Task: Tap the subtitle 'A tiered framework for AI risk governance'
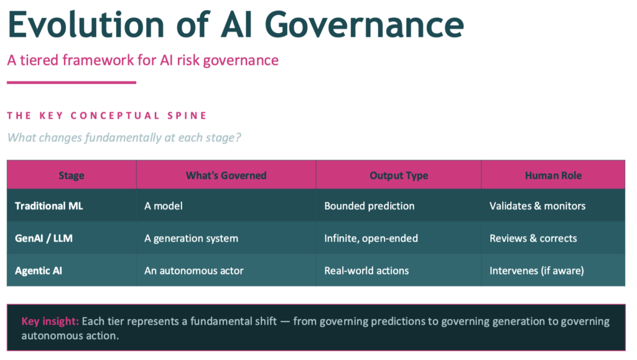coord(142,60)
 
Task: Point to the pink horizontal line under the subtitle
coord(71,82)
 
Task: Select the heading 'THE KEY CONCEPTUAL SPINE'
coord(107,116)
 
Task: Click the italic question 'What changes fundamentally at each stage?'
coord(124,137)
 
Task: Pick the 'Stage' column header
coord(71,175)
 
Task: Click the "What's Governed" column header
coord(226,175)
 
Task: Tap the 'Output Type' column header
coord(399,175)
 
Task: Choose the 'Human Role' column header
coord(553,175)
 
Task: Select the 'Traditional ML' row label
coord(50,206)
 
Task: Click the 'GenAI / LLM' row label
coord(44,238)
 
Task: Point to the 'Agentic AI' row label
coord(39,270)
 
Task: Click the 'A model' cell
coord(164,206)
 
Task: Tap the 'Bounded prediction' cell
coord(369,206)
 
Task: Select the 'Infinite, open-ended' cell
coord(371,238)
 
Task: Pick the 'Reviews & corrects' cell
coord(533,238)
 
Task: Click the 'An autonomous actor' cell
coord(193,270)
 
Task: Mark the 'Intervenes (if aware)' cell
coord(536,270)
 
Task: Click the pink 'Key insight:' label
coord(50,321)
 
